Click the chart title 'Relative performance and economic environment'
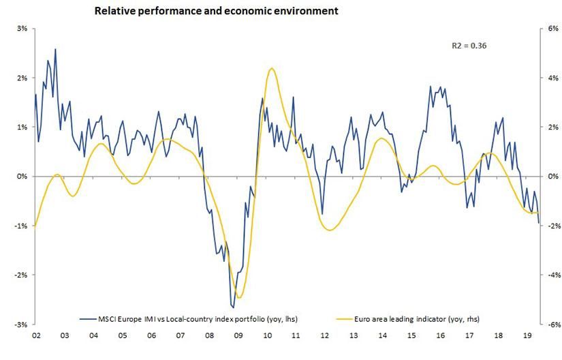coord(216,12)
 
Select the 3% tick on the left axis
coord(22,29)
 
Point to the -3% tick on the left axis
coord(20,324)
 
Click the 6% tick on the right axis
coord(549,29)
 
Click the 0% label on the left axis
coord(22,176)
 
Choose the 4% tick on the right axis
coord(549,78)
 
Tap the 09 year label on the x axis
coord(238,335)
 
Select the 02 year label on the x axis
coord(35,335)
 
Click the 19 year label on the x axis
coord(526,335)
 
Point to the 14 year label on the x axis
coord(381,335)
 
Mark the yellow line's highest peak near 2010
coord(272,68)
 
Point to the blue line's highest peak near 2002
coord(55,49)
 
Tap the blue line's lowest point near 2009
coord(233,307)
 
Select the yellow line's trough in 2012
coord(330,230)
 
